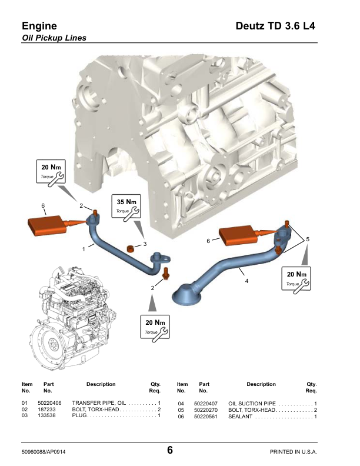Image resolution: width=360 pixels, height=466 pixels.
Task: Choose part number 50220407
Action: click(x=206, y=402)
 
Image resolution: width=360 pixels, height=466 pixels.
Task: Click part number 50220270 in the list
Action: click(x=206, y=410)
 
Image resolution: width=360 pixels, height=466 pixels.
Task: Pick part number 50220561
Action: click(x=206, y=417)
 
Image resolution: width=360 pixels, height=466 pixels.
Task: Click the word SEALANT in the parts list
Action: click(x=241, y=417)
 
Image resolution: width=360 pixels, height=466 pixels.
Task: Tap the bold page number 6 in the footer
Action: click(x=170, y=451)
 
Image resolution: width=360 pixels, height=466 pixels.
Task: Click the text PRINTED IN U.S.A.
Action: click(x=293, y=452)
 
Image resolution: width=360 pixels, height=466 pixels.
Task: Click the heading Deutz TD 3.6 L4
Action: click(x=275, y=26)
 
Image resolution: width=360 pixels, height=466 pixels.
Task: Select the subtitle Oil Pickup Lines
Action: click(x=54, y=38)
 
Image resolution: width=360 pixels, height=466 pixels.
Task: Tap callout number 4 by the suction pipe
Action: click(x=246, y=281)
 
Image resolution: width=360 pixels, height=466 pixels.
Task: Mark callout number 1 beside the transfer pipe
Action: click(x=84, y=249)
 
